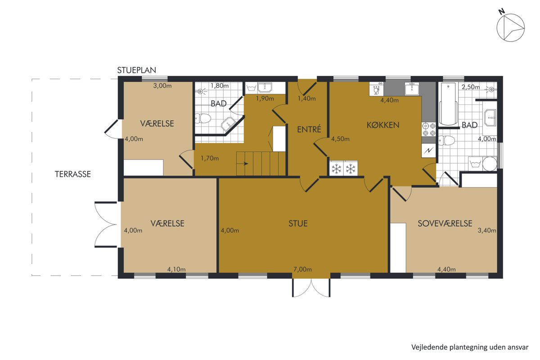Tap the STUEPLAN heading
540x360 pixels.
(x=137, y=70)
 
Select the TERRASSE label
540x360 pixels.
(x=73, y=174)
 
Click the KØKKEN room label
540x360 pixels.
(x=383, y=125)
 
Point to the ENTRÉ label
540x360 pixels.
(x=309, y=130)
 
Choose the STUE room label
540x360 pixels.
(x=298, y=224)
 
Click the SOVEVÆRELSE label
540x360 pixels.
(x=445, y=224)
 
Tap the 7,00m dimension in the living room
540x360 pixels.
(x=302, y=269)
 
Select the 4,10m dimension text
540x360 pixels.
(x=176, y=269)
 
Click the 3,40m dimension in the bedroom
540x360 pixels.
(x=487, y=230)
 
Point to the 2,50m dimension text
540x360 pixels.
(x=471, y=87)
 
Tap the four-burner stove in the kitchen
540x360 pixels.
(x=429, y=130)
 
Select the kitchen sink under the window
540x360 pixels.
(x=412, y=89)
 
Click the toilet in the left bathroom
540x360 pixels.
(x=203, y=118)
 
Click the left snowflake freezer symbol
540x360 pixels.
(x=336, y=169)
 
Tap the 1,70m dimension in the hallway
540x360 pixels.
(x=210, y=158)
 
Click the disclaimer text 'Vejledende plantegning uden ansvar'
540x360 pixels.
(x=470, y=347)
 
